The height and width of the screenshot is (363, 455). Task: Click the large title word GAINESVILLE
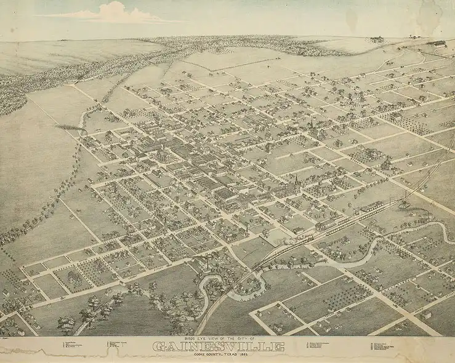click(x=218, y=346)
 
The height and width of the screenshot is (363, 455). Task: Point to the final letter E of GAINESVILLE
click(x=280, y=346)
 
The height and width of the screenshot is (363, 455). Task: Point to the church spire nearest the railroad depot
click(x=296, y=182)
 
